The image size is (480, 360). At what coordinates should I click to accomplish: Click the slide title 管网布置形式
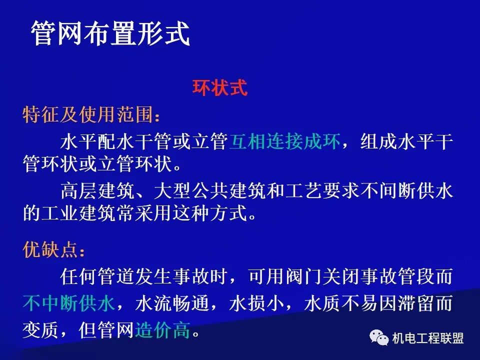click(110, 34)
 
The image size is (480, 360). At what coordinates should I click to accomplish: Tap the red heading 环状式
click(220, 88)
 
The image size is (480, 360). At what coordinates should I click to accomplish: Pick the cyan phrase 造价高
click(162, 330)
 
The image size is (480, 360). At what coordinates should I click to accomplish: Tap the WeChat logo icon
click(379, 338)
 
